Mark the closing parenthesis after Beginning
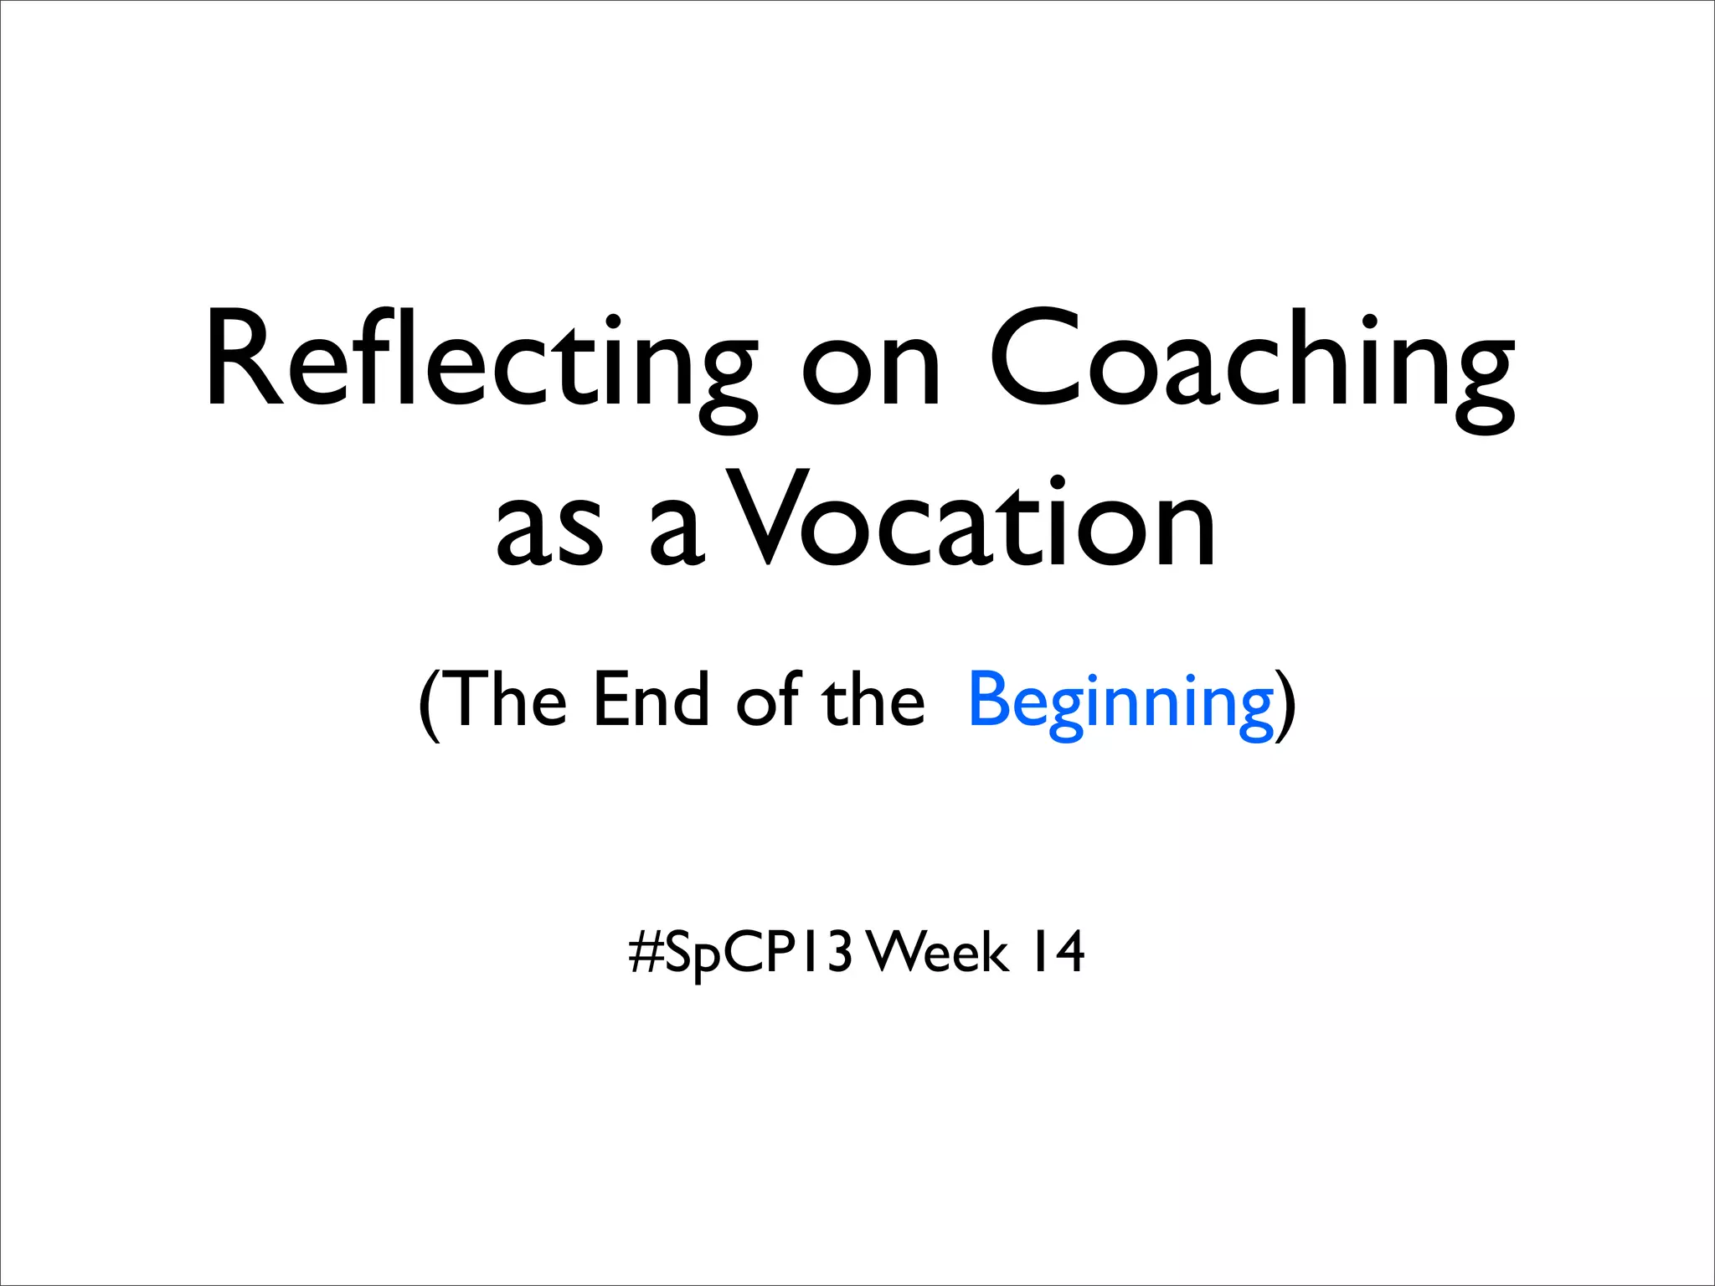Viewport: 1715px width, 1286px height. tap(1286, 703)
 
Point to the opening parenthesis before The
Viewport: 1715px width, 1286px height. tap(428, 703)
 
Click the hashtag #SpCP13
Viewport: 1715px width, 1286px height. tap(741, 953)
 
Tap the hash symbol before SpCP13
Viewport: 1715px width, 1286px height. tap(646, 953)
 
